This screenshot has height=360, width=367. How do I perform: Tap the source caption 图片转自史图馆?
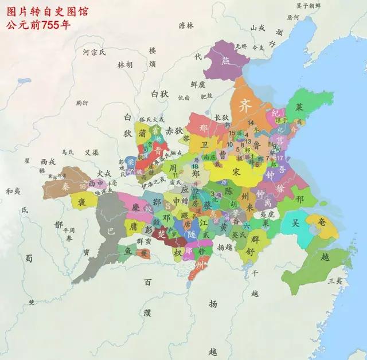43,10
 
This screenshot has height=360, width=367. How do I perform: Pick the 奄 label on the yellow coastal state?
321,222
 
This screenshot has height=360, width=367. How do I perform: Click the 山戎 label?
258,27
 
